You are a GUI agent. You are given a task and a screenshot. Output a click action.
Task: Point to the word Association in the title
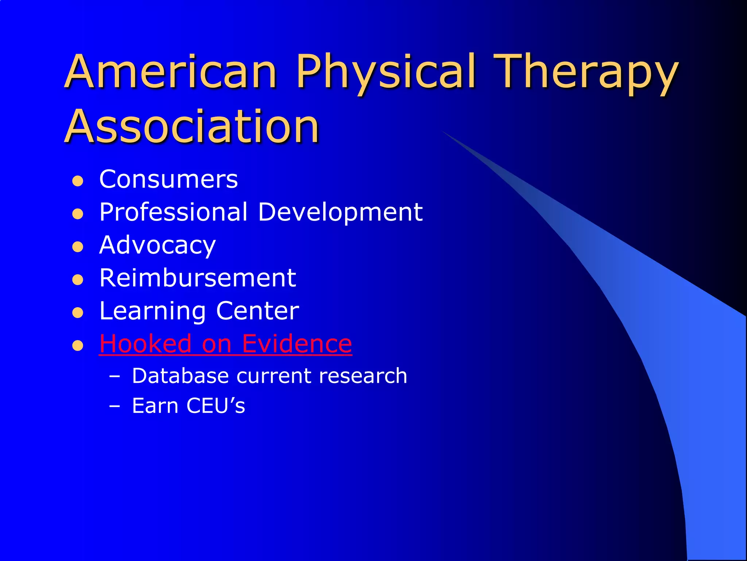[x=192, y=127]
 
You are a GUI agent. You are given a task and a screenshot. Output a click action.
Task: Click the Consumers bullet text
[x=169, y=179]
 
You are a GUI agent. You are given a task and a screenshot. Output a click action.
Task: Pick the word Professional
[x=174, y=212]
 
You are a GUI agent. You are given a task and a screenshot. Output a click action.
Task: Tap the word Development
[x=340, y=212]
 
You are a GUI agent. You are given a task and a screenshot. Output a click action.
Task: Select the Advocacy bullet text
[x=158, y=245]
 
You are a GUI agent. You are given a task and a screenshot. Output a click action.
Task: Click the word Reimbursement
[x=198, y=278]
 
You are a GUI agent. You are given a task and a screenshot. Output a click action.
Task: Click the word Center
[x=258, y=311]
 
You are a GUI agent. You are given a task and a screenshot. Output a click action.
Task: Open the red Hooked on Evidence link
[x=225, y=344]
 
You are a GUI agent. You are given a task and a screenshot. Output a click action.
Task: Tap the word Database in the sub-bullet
[x=180, y=376]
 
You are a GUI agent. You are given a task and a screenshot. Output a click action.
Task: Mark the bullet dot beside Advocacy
[x=78, y=247]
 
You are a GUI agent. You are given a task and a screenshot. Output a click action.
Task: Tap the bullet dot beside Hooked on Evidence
[x=78, y=346]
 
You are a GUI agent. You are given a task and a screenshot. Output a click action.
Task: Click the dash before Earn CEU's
[x=115, y=406]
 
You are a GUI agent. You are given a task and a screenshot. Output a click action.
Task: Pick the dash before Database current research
[x=115, y=377]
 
